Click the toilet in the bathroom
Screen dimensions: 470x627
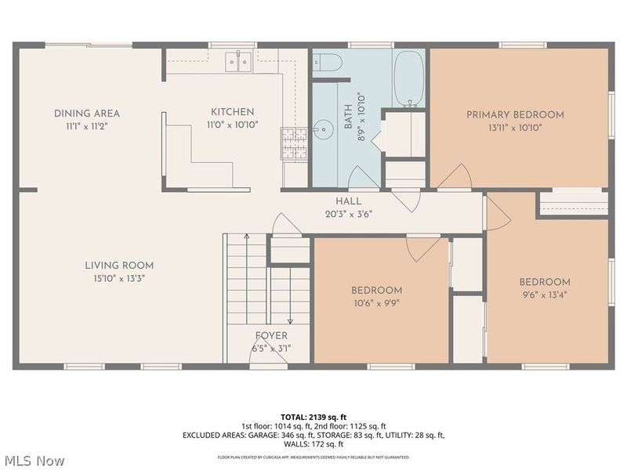pyautogui.click(x=325, y=63)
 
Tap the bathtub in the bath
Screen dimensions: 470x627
pyautogui.click(x=408, y=78)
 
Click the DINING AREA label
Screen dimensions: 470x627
pyautogui.click(x=87, y=114)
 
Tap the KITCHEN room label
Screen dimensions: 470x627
pyautogui.click(x=232, y=112)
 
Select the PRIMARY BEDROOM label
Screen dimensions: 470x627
pyautogui.click(x=515, y=114)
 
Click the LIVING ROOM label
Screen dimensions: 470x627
pyautogui.click(x=119, y=266)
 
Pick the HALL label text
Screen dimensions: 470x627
pyautogui.click(x=349, y=201)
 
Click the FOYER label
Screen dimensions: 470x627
pyautogui.click(x=270, y=336)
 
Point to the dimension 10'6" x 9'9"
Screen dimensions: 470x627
pyautogui.click(x=376, y=302)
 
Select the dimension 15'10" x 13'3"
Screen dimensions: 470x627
pyautogui.click(x=119, y=277)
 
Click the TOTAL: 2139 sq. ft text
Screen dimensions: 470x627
pyautogui.click(x=313, y=416)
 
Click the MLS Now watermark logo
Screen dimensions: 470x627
pyautogui.click(x=33, y=461)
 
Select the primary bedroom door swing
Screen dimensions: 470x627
pyautogui.click(x=455, y=179)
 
